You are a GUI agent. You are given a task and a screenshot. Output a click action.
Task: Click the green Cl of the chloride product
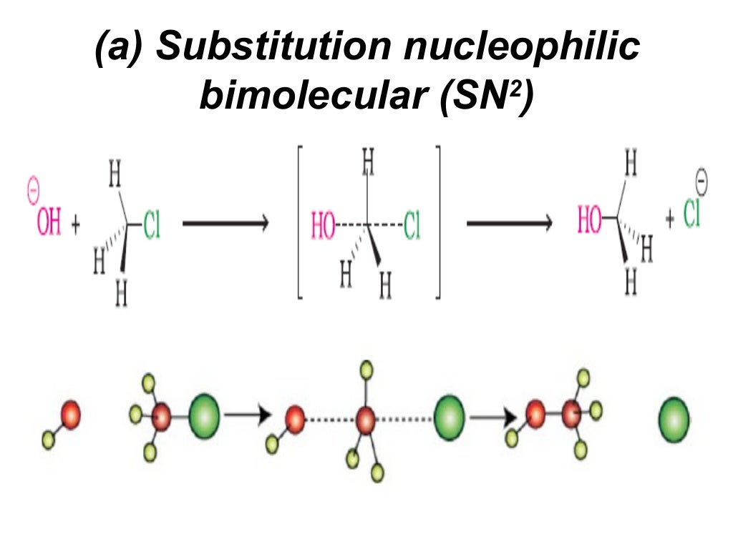pos(691,215)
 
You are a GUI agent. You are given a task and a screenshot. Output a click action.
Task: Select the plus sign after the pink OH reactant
pos(76,227)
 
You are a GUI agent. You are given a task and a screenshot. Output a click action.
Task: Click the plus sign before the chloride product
pos(670,219)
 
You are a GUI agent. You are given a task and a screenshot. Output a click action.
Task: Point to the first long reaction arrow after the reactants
pos(225,224)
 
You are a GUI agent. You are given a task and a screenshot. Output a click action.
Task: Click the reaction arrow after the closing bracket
pos(509,224)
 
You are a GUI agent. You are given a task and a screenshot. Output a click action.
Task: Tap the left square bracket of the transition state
pos(301,222)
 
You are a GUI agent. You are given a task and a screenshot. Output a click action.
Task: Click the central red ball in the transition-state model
pos(366,419)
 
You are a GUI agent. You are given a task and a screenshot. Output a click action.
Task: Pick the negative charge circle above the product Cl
pos(702,182)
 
